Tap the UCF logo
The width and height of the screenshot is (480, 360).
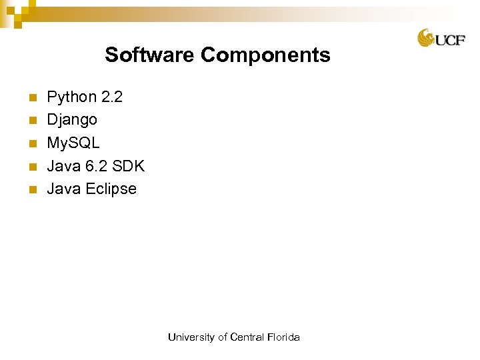point(441,38)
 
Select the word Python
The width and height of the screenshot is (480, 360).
point(71,97)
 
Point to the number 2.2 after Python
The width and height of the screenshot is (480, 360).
point(111,97)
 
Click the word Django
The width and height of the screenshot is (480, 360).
point(72,120)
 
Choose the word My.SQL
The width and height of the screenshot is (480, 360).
point(73,143)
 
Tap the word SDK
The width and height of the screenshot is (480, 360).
point(129,166)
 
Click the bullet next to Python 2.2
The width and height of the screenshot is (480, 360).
point(31,98)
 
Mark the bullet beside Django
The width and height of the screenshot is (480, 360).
point(31,121)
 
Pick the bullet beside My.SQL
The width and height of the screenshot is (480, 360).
point(31,143)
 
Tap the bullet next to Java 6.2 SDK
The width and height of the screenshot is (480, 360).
point(31,167)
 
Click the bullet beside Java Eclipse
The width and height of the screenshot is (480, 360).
point(31,189)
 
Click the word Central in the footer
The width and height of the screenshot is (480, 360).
point(246,337)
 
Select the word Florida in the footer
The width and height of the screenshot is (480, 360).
point(283,337)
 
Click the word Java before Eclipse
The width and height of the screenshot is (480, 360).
point(63,189)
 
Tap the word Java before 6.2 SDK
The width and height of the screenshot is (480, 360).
point(63,166)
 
